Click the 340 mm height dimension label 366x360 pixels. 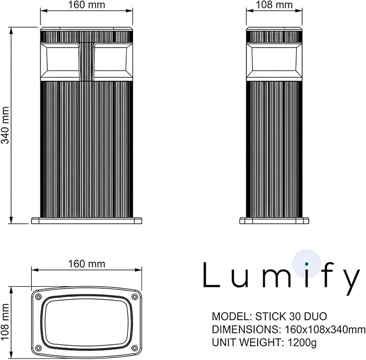pyautogui.click(x=5, y=125)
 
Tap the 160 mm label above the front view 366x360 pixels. pyautogui.click(x=87, y=5)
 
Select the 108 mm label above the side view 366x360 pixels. pyautogui.click(x=274, y=5)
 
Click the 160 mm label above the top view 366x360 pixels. pyautogui.click(x=87, y=264)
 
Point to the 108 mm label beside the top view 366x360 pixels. pyautogui.click(x=5, y=322)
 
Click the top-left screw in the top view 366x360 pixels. pyautogui.click(x=38, y=297)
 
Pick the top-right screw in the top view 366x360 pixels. pyautogui.click(x=135, y=297)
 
